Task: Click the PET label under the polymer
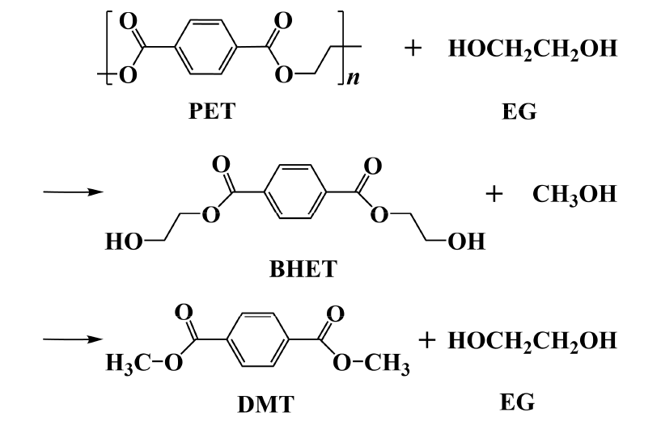click(x=211, y=112)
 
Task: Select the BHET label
click(x=303, y=268)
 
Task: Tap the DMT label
click(x=265, y=405)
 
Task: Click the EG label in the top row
click(x=519, y=112)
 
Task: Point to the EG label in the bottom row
click(x=517, y=402)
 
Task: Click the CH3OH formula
click(x=574, y=195)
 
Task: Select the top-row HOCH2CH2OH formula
click(x=532, y=48)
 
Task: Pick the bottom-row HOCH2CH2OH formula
click(x=532, y=341)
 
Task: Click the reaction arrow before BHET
click(x=74, y=192)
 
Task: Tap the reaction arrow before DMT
click(x=74, y=339)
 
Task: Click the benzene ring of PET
click(x=205, y=47)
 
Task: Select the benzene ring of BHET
click(x=295, y=192)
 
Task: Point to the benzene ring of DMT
click(x=258, y=339)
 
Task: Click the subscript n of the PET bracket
click(x=353, y=78)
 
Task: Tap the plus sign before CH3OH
click(x=494, y=194)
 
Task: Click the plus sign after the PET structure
click(x=413, y=48)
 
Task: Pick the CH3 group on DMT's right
click(x=387, y=364)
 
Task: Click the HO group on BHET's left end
click(x=124, y=242)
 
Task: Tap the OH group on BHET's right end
click(x=466, y=242)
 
